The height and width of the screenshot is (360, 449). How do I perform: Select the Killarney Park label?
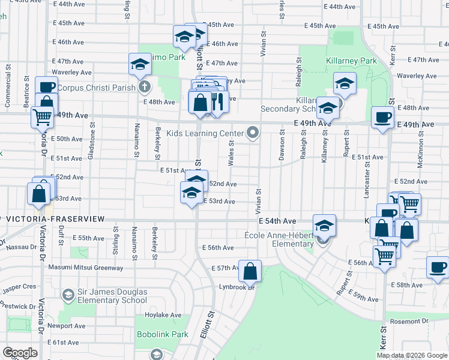pos(351,61)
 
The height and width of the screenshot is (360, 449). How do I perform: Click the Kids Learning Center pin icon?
pos(253,133)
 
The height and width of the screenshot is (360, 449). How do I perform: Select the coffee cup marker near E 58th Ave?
pos(438,268)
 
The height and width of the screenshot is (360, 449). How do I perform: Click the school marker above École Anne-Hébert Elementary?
pos(324,226)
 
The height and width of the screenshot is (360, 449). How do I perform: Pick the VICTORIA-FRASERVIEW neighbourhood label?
pos(54,220)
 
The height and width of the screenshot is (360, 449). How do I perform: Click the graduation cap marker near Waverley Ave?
pos(140,65)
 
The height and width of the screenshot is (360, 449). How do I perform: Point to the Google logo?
pos(20,353)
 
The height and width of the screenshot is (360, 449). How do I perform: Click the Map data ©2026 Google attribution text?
pos(412,355)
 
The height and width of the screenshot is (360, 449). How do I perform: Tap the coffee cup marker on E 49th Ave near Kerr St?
pos(382,118)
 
